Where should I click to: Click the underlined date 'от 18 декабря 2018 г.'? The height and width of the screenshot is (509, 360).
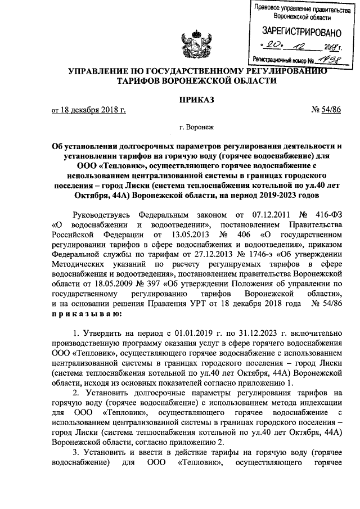[88, 110]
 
